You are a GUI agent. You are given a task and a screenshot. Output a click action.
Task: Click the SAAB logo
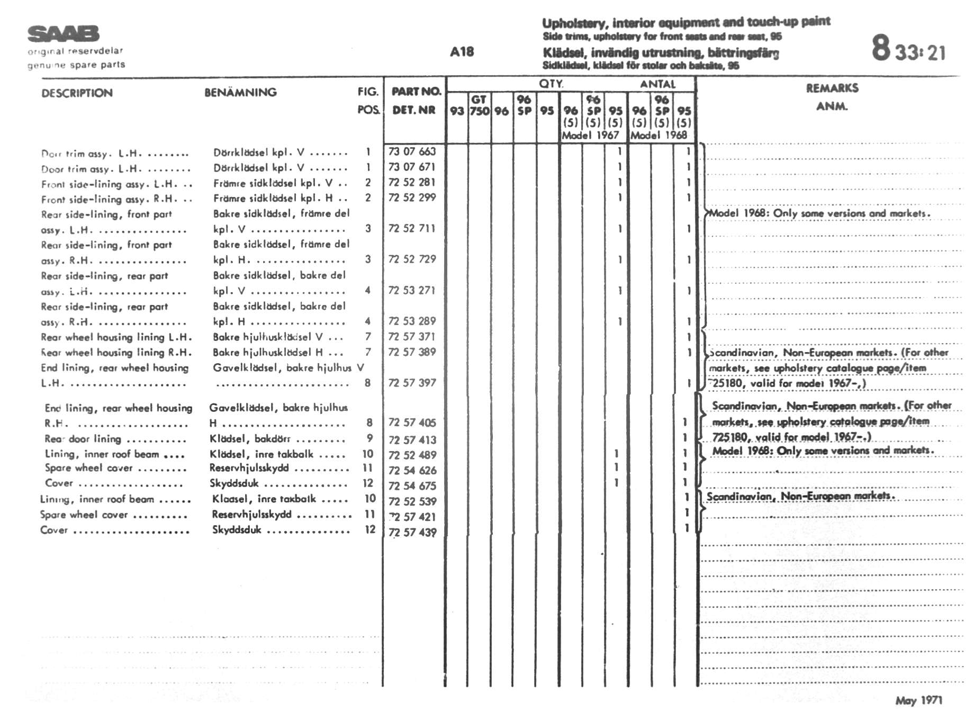[x=63, y=34]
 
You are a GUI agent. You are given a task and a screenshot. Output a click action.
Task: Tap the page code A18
[x=462, y=52]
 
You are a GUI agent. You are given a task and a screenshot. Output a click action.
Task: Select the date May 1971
[x=918, y=700]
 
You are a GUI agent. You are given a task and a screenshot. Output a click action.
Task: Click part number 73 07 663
[x=412, y=151]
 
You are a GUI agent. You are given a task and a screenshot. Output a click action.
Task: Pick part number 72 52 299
[x=412, y=197]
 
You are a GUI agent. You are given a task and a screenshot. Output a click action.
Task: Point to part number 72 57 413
[x=412, y=439]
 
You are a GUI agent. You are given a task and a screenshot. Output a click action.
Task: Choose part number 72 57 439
[x=412, y=532]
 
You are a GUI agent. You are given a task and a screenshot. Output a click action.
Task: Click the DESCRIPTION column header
[x=77, y=93]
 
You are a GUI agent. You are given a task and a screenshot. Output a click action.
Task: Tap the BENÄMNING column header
[x=240, y=93]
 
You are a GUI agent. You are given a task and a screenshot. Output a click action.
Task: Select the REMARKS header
[x=832, y=88]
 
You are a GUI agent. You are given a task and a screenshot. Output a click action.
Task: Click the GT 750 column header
[x=479, y=105]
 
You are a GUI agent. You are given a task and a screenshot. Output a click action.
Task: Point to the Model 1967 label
[x=590, y=135]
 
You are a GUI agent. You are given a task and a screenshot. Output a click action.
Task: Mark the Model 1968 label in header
[x=659, y=135]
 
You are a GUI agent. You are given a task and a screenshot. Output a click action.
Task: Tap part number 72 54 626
[x=412, y=470]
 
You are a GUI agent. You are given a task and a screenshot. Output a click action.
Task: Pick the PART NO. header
[x=416, y=92]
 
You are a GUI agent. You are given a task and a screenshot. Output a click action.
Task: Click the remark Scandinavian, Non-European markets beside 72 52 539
[x=800, y=496]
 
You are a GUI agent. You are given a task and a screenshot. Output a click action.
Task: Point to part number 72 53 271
[x=412, y=290]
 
